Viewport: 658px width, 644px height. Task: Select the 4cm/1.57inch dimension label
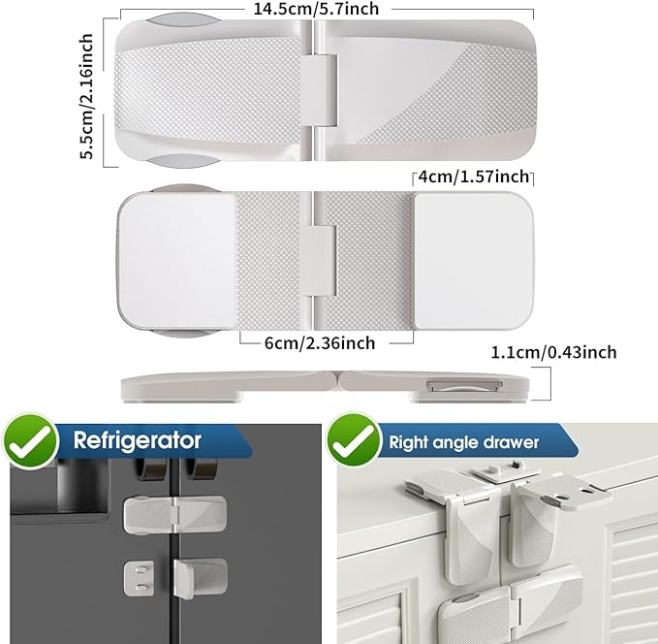[473, 177]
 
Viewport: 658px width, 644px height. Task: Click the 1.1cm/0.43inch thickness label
[567, 353]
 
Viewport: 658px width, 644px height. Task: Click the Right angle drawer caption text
[463, 442]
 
